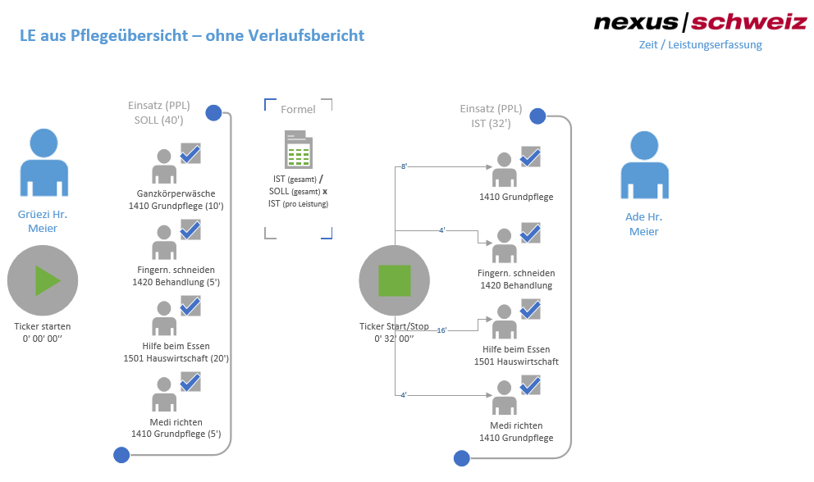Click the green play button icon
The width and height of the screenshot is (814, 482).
coord(47,280)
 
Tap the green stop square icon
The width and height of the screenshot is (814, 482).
coord(394,280)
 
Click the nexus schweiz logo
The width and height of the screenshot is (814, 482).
coord(700,22)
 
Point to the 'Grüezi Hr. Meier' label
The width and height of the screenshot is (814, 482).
coord(43,221)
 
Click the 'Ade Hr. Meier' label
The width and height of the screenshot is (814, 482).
coord(644,224)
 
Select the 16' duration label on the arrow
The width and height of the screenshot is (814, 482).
coord(441,330)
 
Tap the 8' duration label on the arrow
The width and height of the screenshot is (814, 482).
coord(404,166)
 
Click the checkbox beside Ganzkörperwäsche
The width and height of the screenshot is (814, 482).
coord(190,153)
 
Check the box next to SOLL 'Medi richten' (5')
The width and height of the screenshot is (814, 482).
coord(190,382)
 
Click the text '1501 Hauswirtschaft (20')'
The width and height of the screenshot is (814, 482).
coord(176,358)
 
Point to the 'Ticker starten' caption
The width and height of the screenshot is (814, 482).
coord(43,326)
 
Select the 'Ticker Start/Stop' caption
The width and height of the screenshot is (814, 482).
coord(394,326)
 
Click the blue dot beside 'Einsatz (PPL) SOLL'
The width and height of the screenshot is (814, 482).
coord(213,113)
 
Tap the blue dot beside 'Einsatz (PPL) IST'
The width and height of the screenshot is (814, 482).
coord(537,116)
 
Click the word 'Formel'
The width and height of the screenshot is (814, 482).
coord(298,109)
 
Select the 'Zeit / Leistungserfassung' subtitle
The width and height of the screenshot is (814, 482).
coord(700,45)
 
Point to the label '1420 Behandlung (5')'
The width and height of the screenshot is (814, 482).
coord(176,282)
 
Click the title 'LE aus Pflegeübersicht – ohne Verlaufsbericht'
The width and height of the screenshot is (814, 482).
coord(192,36)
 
